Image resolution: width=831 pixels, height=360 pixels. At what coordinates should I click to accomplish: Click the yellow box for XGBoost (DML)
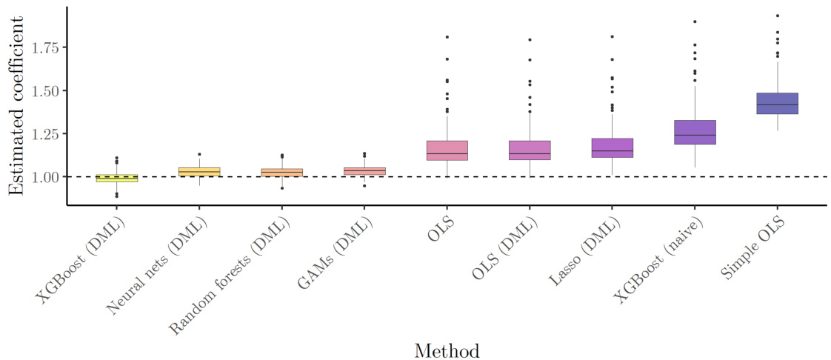coord(117,178)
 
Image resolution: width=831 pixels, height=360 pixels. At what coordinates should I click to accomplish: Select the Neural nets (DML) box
coord(199,172)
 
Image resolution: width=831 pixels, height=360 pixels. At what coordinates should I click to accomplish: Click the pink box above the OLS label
coord(447,150)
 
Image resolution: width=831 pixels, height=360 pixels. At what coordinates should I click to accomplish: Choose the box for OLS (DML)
coord(530,150)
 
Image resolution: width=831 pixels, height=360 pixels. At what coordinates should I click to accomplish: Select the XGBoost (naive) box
coord(695,132)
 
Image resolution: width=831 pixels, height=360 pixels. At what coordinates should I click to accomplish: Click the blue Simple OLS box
coord(777,104)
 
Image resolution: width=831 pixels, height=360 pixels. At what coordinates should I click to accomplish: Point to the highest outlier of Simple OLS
coord(777,16)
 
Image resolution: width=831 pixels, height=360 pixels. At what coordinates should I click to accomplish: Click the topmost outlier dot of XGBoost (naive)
coord(695,21)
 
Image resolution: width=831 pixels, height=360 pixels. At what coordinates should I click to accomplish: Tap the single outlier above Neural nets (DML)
coord(199,154)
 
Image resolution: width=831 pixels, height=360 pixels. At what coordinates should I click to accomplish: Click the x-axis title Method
coord(447,350)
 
